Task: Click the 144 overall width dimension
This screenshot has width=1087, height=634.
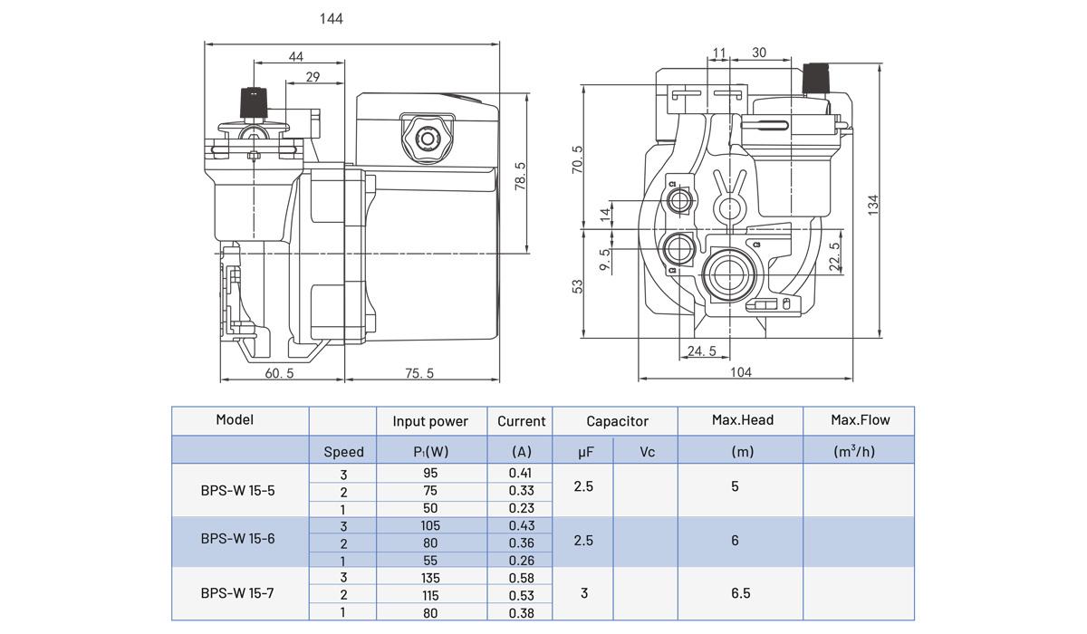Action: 332,18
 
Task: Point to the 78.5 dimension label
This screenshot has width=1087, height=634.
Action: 520,177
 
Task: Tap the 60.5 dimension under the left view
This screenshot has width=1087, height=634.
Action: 279,372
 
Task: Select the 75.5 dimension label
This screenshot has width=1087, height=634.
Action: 418,372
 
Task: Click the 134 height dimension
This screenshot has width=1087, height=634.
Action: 873,204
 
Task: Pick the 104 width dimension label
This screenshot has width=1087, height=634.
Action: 740,372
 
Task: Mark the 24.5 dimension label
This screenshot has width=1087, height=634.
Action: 701,351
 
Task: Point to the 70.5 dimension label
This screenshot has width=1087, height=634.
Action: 578,161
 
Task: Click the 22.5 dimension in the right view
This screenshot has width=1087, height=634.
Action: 834,256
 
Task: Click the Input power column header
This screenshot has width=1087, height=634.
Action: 430,421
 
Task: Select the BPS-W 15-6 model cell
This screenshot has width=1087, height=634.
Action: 237,539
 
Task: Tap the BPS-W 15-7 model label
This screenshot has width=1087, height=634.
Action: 237,593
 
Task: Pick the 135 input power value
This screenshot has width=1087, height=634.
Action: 430,578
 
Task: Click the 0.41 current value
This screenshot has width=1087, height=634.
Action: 520,473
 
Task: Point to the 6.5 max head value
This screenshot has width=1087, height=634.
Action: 740,593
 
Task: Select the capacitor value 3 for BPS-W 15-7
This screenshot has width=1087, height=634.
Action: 583,593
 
